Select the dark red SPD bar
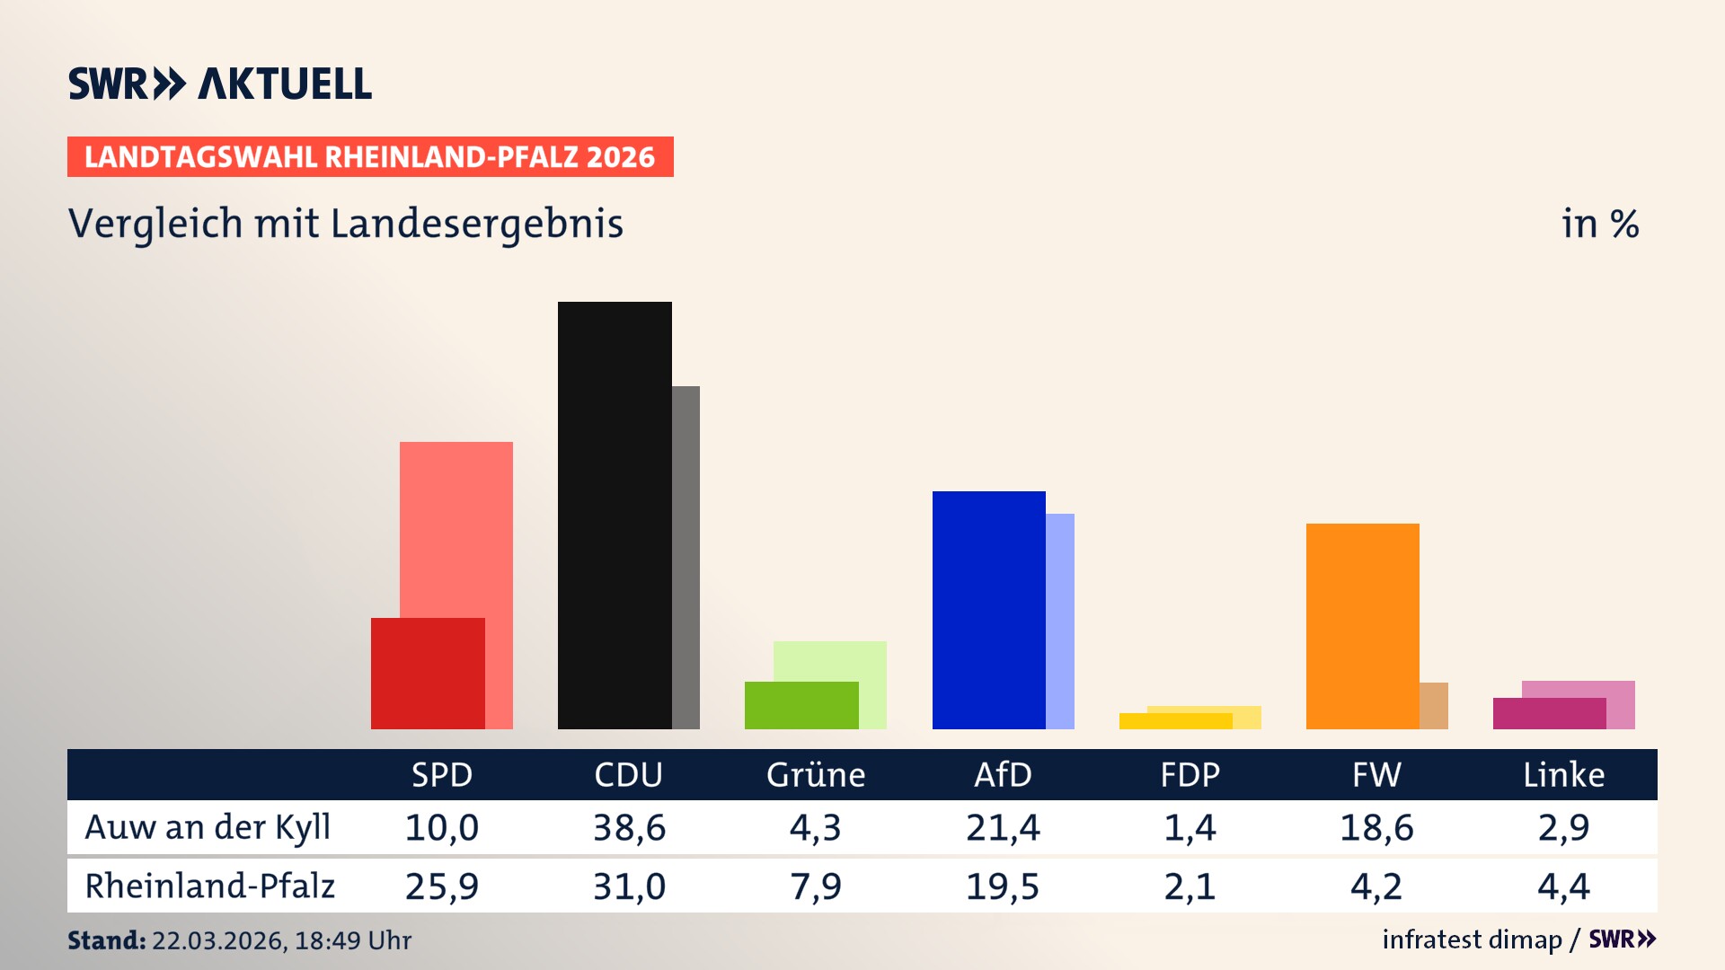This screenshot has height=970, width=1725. point(428,673)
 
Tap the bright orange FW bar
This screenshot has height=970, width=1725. point(1362,625)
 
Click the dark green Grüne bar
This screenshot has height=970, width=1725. point(801,705)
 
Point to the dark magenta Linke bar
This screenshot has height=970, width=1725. point(1549,713)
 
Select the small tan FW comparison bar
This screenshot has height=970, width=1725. point(1434,706)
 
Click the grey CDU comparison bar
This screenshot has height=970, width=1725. point(686,557)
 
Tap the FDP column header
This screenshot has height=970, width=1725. point(1190,775)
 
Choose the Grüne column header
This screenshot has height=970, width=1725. point(816,775)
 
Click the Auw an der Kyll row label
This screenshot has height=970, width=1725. point(208,827)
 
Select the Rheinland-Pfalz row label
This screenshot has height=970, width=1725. point(209,886)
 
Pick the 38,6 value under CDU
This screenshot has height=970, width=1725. point(629,827)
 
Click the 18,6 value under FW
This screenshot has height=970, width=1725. point(1376,827)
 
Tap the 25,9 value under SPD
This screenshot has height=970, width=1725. point(442,886)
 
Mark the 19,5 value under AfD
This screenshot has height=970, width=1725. point(1003,886)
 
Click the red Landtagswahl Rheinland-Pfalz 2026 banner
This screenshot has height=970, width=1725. point(370,157)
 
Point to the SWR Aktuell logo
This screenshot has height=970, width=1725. point(220,84)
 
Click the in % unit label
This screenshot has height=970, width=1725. point(1599,224)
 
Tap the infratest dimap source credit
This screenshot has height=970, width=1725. point(1472,939)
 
